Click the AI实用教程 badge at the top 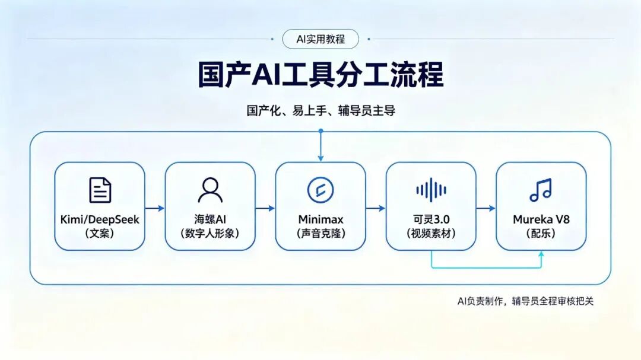320,39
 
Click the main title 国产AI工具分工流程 320,74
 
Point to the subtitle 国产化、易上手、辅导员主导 321,110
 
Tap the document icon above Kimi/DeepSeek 100,190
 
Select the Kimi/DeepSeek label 100,219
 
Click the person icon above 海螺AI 210,190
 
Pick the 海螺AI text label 210,219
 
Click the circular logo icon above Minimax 320,190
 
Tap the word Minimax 320,219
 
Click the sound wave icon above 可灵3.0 431,190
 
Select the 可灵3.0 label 431,219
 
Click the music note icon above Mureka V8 541,190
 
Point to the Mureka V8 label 541,219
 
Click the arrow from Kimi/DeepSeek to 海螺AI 155,208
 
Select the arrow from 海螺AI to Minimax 265,208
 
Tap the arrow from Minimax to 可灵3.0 376,208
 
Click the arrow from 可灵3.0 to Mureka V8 486,208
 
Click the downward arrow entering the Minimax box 321,146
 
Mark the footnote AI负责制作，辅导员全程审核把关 525,301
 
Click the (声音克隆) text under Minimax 321,233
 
